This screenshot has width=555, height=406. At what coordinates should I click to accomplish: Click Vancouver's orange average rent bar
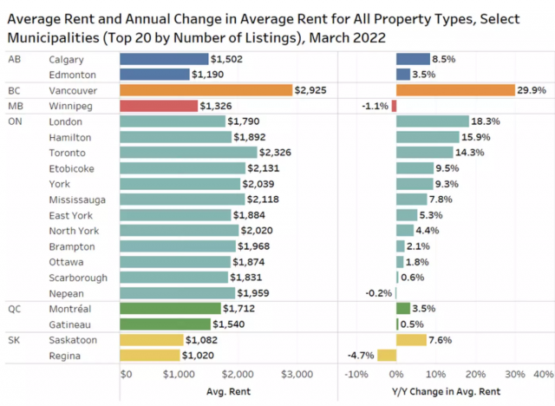[206, 90]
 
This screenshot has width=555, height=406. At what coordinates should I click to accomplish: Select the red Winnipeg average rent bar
[159, 106]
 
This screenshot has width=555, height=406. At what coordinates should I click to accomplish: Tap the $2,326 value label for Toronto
[275, 153]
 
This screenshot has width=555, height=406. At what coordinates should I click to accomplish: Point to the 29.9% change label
[532, 90]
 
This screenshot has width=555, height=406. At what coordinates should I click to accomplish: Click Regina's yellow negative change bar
[387, 356]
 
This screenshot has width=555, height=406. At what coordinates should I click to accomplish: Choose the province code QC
[14, 309]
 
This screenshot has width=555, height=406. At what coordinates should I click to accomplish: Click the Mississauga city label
[77, 200]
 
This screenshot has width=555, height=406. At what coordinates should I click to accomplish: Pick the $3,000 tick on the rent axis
[297, 374]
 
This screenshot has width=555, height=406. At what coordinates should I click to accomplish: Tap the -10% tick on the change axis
[356, 374]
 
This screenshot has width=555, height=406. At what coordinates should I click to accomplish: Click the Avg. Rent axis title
[228, 391]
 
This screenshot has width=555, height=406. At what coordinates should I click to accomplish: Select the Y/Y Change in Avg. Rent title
[446, 391]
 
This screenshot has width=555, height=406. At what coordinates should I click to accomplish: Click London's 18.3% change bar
[433, 121]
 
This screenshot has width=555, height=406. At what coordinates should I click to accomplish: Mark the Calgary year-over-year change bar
[413, 59]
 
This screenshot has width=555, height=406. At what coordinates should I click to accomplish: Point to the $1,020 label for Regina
[198, 356]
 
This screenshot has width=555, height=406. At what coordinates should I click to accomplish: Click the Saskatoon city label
[73, 340]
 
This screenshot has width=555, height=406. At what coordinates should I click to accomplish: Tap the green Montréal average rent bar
[170, 309]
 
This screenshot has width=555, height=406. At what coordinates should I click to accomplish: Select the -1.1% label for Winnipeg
[375, 106]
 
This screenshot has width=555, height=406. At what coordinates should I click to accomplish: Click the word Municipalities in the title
[54, 37]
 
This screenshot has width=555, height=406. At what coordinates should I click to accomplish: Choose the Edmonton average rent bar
[154, 75]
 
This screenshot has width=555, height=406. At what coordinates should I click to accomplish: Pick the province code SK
[14, 340]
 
